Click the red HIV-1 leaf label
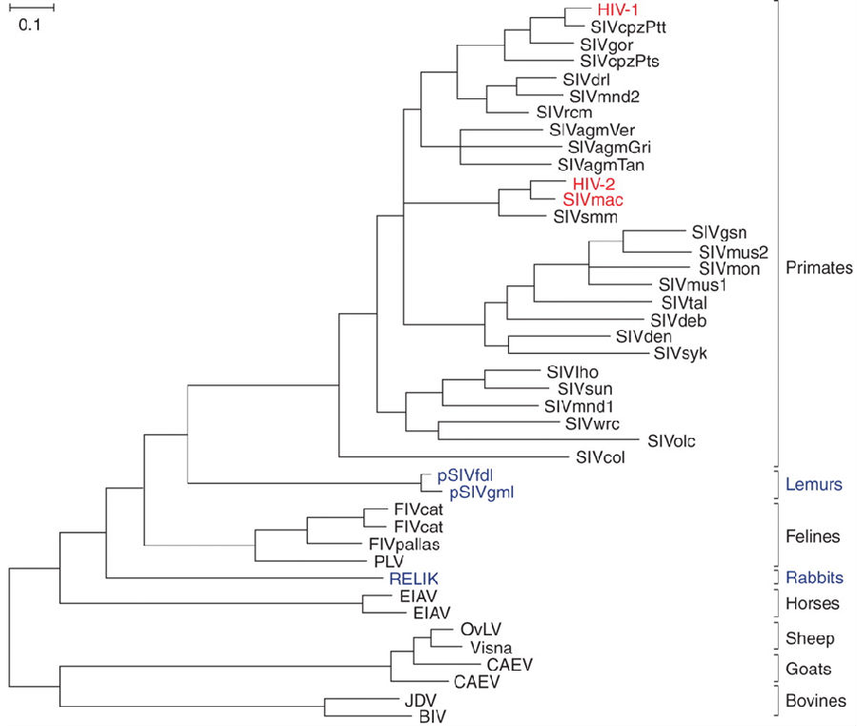[x=618, y=10]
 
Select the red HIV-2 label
[x=594, y=183]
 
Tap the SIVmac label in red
[x=593, y=199]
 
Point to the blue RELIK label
[x=414, y=578]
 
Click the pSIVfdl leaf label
[x=465, y=476]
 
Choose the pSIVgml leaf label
[x=481, y=493]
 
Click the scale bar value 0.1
[x=30, y=25]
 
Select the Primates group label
[x=819, y=267]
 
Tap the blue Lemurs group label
[x=814, y=484]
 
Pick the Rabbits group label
[x=814, y=577]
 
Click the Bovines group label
[x=816, y=700]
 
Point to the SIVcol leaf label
[x=601, y=457]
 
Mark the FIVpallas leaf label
[x=404, y=544]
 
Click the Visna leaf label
[x=491, y=648]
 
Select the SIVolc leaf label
[x=671, y=441]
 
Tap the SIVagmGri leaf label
[x=609, y=147]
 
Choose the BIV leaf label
[x=432, y=716]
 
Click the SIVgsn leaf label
[x=719, y=233]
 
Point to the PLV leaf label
[x=389, y=561]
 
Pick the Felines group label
[x=812, y=536]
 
